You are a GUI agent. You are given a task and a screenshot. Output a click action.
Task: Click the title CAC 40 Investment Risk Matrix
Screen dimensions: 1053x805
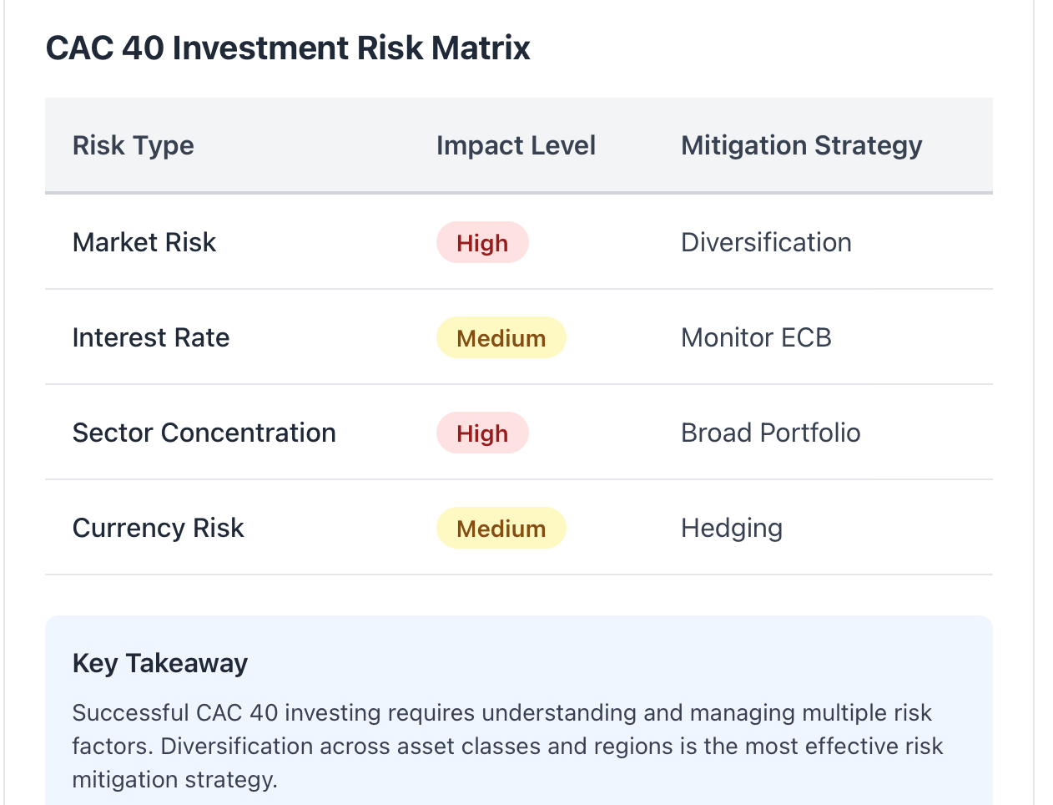tap(288, 48)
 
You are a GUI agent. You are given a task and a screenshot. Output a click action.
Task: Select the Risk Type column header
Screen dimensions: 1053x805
tap(134, 145)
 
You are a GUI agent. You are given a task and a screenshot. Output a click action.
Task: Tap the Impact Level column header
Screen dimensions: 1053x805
tap(516, 145)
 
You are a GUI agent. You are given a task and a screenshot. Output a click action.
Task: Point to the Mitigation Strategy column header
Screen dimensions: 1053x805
tap(802, 145)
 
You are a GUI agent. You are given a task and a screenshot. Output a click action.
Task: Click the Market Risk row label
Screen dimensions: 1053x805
tap(144, 242)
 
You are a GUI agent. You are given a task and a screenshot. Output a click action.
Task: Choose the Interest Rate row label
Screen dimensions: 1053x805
tap(151, 337)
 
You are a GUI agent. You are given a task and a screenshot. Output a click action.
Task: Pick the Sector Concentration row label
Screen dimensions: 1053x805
tap(204, 433)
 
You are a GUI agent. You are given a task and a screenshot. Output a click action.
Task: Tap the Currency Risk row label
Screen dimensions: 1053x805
tap(158, 528)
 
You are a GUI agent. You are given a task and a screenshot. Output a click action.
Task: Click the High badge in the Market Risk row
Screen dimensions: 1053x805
tap(482, 242)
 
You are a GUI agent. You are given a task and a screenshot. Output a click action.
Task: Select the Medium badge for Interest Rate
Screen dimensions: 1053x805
tap(501, 337)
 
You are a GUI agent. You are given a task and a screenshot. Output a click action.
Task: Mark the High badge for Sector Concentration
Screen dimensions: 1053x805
tap(482, 433)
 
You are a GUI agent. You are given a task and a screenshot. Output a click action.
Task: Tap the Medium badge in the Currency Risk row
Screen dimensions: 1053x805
tap(501, 528)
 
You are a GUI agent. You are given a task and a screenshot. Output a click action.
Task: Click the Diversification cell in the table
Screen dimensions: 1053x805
tap(766, 242)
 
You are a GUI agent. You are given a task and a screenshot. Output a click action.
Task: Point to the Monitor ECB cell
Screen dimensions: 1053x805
tap(756, 337)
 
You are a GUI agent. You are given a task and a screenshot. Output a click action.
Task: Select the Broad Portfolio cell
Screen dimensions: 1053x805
tap(770, 433)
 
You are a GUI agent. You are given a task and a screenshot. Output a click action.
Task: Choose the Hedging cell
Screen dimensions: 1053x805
tap(732, 529)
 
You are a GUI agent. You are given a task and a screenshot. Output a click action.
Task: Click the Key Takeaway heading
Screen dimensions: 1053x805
tap(159, 663)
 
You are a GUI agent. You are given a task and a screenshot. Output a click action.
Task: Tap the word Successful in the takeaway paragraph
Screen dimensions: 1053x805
tap(130, 712)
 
